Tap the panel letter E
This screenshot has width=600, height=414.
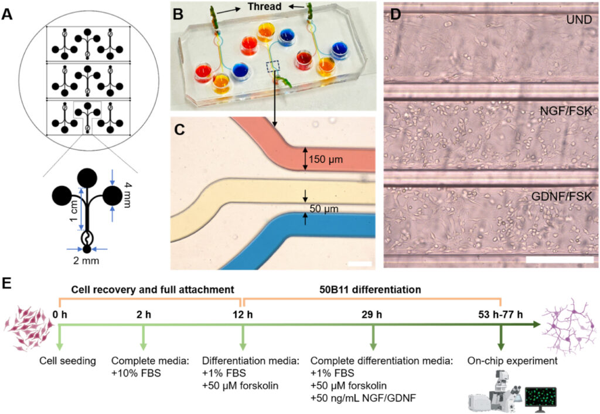point(8,283)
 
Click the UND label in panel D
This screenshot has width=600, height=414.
point(578,19)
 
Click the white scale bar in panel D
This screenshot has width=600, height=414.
point(559,258)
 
